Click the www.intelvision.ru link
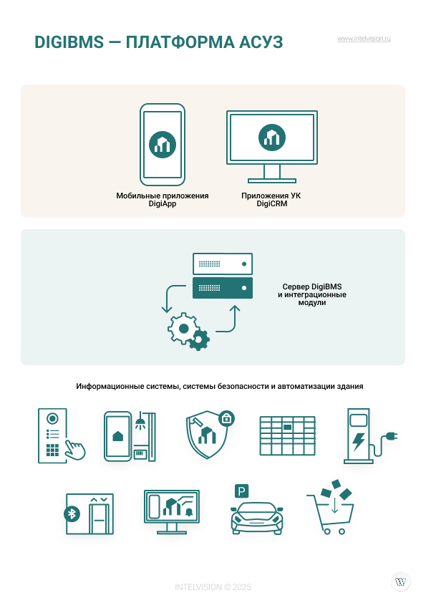tap(364, 39)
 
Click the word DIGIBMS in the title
tap(69, 42)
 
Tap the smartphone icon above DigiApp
tap(163, 145)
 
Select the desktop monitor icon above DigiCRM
tap(272, 147)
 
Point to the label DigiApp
tap(163, 204)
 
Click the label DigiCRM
tap(272, 204)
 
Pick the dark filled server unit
tap(223, 288)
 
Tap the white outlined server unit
tap(223, 264)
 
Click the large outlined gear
tap(183, 329)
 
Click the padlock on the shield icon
tap(226, 418)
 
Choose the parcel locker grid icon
tap(288, 435)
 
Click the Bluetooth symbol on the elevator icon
tap(72, 513)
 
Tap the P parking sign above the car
tap(241, 491)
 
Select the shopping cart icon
tap(331, 508)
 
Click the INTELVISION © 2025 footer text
tap(213, 587)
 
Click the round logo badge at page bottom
tap(401, 582)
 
